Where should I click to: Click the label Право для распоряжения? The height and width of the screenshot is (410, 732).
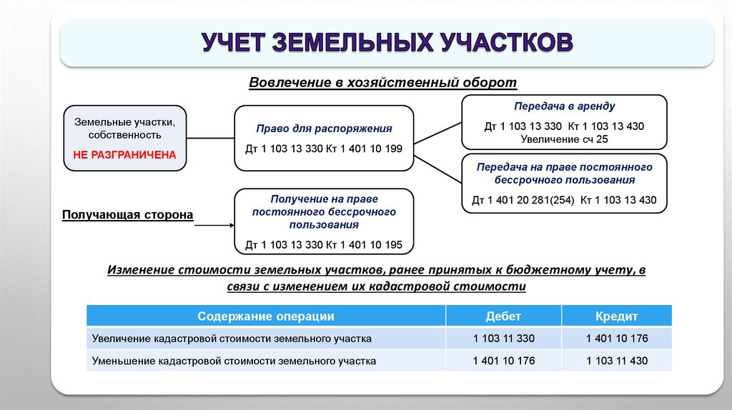324,129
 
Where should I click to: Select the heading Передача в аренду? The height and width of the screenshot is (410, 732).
564,106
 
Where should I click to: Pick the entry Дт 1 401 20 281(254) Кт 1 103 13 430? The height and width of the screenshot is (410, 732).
564,199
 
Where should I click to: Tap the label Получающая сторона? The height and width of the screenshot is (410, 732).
127,214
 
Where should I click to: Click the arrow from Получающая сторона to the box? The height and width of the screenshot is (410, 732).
214,226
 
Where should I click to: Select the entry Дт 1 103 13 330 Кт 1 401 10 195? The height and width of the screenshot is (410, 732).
324,245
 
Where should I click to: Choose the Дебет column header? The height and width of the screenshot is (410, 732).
503,316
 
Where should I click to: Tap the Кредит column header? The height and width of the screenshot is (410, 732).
616,316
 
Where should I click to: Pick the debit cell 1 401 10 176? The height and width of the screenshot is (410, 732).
503,361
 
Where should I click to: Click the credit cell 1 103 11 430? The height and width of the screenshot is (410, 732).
616,361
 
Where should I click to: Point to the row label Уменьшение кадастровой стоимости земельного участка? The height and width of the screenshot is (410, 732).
234,361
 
